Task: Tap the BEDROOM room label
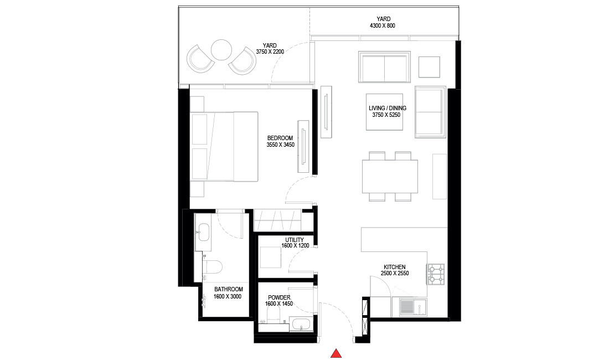pyautogui.click(x=280, y=138)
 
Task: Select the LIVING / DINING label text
pyautogui.click(x=388, y=108)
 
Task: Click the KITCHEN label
pyautogui.click(x=394, y=267)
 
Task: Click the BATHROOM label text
pyautogui.click(x=228, y=289)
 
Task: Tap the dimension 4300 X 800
pyautogui.click(x=383, y=26)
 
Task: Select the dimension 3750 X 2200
pyautogui.click(x=270, y=52)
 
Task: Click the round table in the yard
pyautogui.click(x=221, y=50)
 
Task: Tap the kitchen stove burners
pyautogui.click(x=436, y=273)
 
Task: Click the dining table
pyautogui.click(x=390, y=176)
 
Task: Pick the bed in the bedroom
pyautogui.click(x=224, y=147)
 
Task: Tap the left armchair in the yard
pyautogui.click(x=200, y=58)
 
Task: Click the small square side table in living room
pyautogui.click(x=429, y=67)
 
